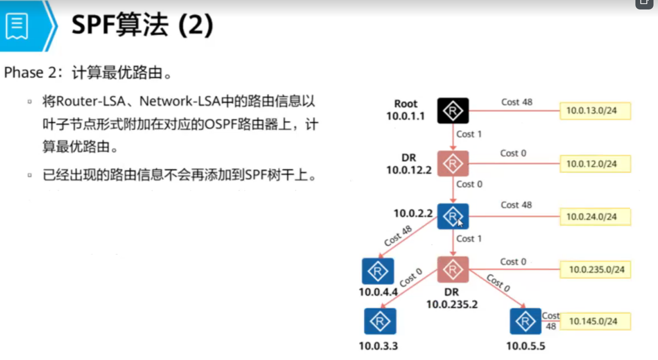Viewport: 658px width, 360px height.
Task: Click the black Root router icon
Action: coord(453,111)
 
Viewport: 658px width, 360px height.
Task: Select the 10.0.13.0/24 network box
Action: coord(595,111)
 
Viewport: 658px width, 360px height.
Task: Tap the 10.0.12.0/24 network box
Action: coord(595,164)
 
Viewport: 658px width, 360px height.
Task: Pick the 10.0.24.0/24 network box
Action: coord(595,217)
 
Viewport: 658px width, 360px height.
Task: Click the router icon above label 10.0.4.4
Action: coord(378,271)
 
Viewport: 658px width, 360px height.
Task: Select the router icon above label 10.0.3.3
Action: coord(380,322)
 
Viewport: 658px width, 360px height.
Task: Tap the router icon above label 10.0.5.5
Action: coord(525,322)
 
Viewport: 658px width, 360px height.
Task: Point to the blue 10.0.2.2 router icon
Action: coord(453,217)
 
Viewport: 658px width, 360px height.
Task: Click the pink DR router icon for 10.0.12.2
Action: coord(453,163)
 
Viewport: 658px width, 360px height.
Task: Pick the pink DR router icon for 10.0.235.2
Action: coord(453,270)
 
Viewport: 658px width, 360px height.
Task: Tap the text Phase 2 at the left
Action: coord(29,73)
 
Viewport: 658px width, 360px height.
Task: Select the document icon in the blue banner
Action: coord(17,26)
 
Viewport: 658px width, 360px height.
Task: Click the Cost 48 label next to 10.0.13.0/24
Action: coord(517,102)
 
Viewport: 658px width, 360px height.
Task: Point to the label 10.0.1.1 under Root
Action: coord(406,116)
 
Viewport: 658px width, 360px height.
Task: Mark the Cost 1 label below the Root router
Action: coord(469,134)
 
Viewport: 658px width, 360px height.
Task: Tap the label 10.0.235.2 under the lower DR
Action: coord(452,305)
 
